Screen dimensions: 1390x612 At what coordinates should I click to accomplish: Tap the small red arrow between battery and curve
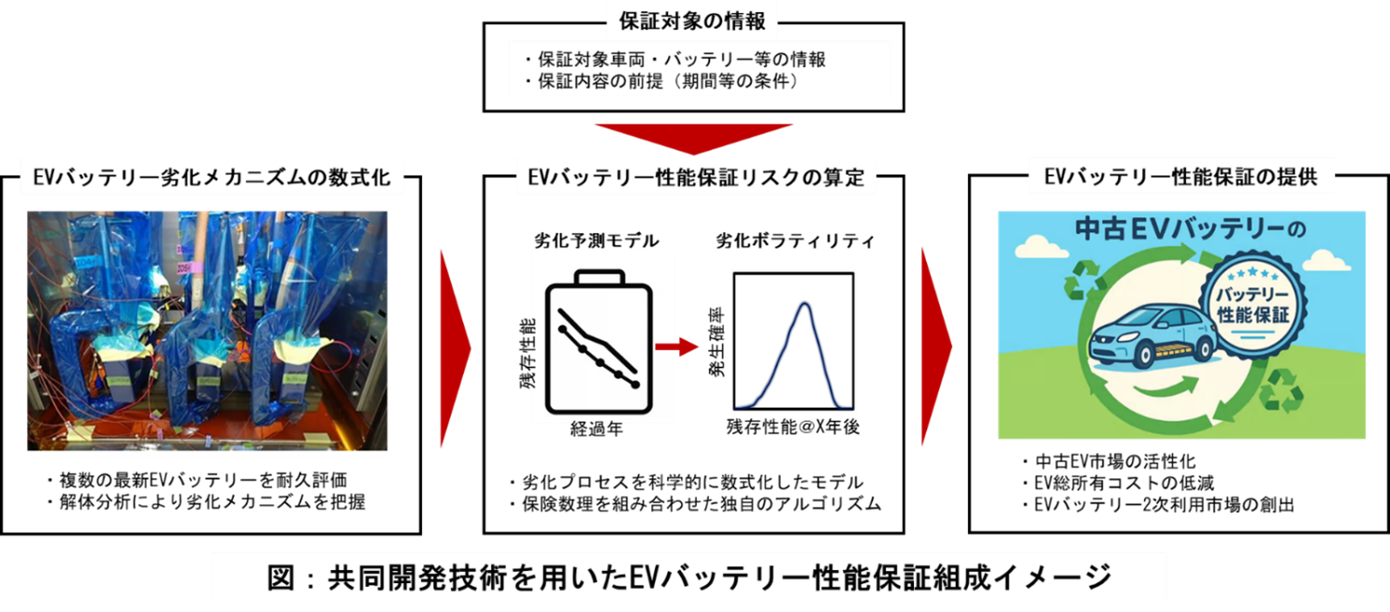(677, 347)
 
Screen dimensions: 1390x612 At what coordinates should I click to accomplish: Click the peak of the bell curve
(802, 305)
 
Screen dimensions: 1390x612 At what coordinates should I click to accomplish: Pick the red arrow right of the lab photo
(455, 347)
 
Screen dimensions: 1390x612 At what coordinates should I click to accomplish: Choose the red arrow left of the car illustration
(935, 347)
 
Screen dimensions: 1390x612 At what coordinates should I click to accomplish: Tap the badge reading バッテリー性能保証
(1252, 304)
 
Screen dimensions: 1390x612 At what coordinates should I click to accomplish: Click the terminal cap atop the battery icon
(601, 278)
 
